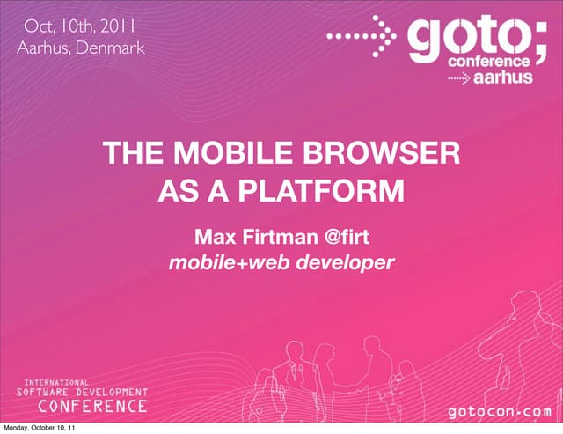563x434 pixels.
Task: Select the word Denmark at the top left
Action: (109, 45)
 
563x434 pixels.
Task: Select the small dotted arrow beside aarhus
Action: (459, 77)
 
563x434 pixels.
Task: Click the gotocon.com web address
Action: (501, 411)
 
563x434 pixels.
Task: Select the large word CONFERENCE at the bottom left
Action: (96, 407)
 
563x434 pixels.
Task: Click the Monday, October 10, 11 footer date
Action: (39, 429)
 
